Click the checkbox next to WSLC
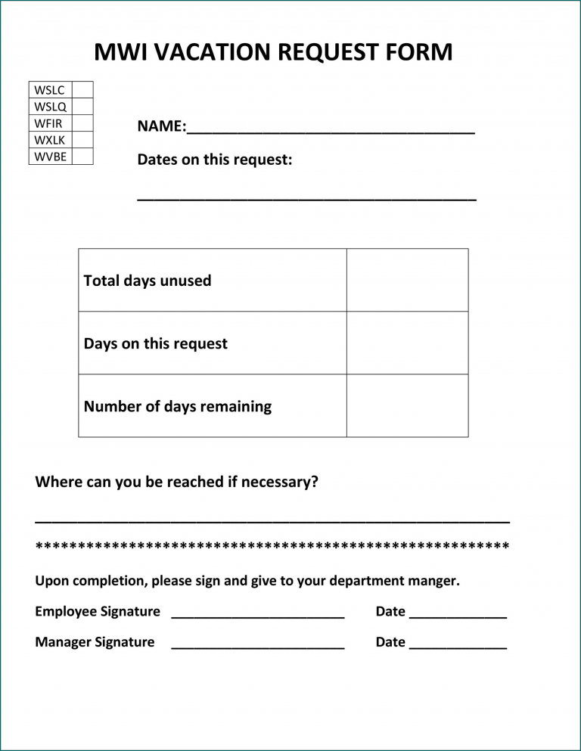point(82,90)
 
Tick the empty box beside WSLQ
point(82,107)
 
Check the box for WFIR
point(82,123)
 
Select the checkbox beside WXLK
point(82,140)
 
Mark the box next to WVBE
point(82,157)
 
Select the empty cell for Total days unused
point(407,280)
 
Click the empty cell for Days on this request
point(407,343)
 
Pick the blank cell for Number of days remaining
point(407,405)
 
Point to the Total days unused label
point(148,281)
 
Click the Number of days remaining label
point(178,406)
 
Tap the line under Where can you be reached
point(272,521)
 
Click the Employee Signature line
point(258,616)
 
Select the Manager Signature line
point(258,647)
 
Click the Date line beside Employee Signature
point(458,616)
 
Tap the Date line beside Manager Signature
point(458,647)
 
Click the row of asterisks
point(272,546)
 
